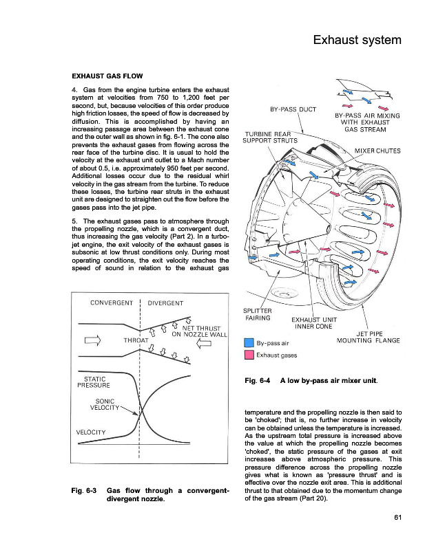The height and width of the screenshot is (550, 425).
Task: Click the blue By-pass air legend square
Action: coord(249,342)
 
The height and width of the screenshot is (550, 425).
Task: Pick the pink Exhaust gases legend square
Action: coord(249,355)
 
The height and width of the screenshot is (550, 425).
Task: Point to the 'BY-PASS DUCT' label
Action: coord(293,109)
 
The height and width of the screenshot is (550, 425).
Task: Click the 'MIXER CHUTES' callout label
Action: coord(377,151)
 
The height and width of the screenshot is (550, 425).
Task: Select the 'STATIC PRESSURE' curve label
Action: coord(94,382)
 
